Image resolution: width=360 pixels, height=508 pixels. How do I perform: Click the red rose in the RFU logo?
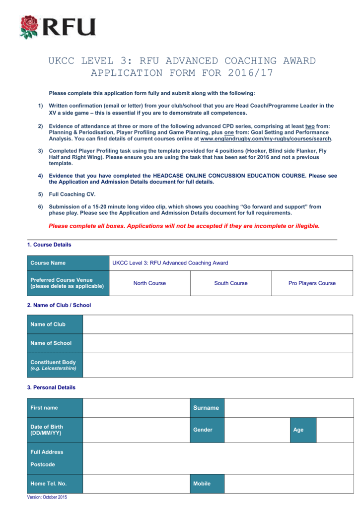[29, 27]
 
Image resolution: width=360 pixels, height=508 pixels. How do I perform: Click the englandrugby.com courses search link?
[266, 139]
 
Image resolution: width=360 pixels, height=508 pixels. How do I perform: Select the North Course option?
[149, 283]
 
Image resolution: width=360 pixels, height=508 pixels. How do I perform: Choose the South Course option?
[231, 283]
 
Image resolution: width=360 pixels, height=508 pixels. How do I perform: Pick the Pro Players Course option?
[312, 283]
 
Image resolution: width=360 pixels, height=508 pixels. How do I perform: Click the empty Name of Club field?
[217, 324]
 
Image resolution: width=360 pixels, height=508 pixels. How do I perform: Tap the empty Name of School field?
[217, 343]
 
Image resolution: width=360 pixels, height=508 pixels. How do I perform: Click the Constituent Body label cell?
[55, 365]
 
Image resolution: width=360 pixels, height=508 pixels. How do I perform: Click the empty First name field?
[136, 408]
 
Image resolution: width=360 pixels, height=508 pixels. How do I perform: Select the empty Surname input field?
[289, 408]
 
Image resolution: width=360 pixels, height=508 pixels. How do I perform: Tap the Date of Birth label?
[47, 430]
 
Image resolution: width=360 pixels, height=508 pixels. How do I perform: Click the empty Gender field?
[257, 430]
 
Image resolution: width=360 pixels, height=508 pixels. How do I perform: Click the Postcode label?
[43, 465]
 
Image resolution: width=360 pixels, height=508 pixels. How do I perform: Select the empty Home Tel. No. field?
[136, 484]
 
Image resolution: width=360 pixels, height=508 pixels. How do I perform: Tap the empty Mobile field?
[289, 484]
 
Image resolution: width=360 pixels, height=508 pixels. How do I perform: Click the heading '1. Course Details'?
[49, 245]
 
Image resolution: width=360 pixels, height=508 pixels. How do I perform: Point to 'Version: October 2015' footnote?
[47, 497]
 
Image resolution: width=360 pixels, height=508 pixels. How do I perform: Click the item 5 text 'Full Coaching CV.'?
[72, 194]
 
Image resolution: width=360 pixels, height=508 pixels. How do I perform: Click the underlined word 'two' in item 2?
[310, 127]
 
